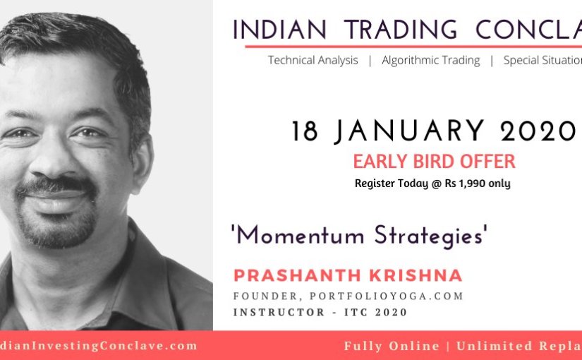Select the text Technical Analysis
click(x=313, y=61)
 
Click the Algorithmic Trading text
click(x=431, y=61)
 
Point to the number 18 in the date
click(x=306, y=132)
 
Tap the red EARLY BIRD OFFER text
click(x=434, y=162)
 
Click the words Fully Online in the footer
click(x=392, y=346)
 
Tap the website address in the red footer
click(x=99, y=346)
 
